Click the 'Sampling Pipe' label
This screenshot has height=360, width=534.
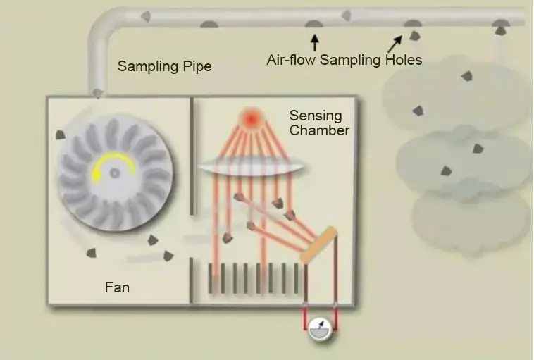164,67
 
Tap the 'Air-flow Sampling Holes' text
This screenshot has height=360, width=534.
344,60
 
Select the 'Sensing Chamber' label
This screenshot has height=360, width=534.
319,123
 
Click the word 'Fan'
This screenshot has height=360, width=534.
117,287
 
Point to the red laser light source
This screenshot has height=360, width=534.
251,118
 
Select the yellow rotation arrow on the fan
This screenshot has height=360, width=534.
111,163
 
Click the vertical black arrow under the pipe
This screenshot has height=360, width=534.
314,42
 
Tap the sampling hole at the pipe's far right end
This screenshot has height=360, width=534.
500,27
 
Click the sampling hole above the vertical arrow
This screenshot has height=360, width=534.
313,25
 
